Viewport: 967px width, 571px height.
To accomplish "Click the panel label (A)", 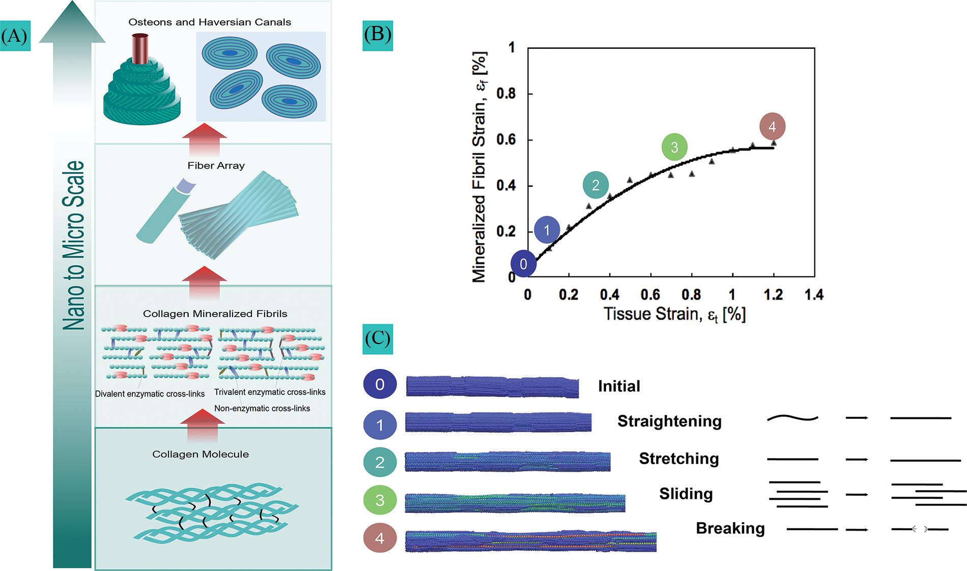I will point(15,36).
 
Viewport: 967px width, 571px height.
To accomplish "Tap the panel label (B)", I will point(378,35).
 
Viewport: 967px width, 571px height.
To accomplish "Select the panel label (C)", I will point(378,339).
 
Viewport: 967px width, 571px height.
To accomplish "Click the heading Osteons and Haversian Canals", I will point(210,22).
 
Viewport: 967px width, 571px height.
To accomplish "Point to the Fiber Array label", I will point(216,166).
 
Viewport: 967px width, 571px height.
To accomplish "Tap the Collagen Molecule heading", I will point(201,454).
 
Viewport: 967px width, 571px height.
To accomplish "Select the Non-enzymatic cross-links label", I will point(262,409).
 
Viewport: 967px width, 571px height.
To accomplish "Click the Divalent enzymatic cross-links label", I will point(150,394).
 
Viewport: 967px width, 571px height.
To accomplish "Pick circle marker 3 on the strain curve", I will point(674,147).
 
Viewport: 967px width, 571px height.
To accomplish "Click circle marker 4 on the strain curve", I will point(772,126).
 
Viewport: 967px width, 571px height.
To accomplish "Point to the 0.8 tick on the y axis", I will point(505,94).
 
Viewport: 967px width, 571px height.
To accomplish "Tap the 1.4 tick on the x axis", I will point(814,295).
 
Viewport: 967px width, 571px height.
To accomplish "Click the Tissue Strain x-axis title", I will point(674,315).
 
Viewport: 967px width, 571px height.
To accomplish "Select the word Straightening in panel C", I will point(669,421).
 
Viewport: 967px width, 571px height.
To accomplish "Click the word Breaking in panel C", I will point(730,529).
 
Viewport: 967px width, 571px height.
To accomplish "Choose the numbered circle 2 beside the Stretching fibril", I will point(380,462).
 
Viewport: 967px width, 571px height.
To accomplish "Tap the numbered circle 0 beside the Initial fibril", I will point(380,384).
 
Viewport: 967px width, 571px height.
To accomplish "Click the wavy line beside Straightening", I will point(792,418).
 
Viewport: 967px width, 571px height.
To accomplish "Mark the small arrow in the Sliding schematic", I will point(857,495).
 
